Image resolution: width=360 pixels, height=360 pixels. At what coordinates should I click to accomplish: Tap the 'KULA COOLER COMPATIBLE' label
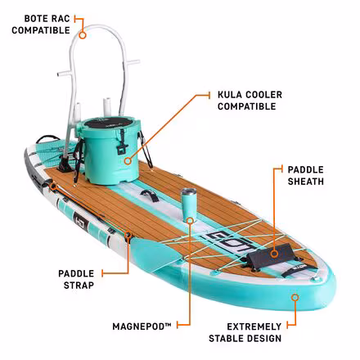point(250,101)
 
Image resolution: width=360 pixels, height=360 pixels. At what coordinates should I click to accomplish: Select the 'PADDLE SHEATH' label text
point(305,175)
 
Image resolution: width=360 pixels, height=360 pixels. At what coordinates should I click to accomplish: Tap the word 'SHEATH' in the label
point(305,181)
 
